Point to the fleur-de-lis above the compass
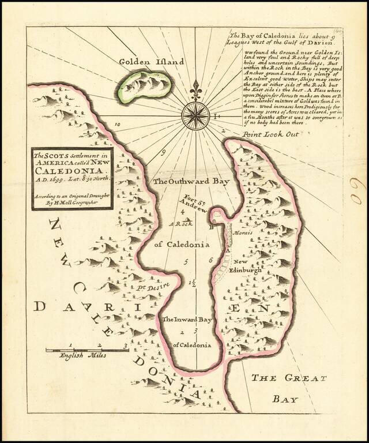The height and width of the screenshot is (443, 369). point(198,89)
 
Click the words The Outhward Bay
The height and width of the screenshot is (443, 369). point(191,181)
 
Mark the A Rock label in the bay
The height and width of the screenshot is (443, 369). point(180,223)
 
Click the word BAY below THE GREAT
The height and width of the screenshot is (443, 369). point(284,399)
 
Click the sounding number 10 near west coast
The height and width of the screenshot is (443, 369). point(118,124)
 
